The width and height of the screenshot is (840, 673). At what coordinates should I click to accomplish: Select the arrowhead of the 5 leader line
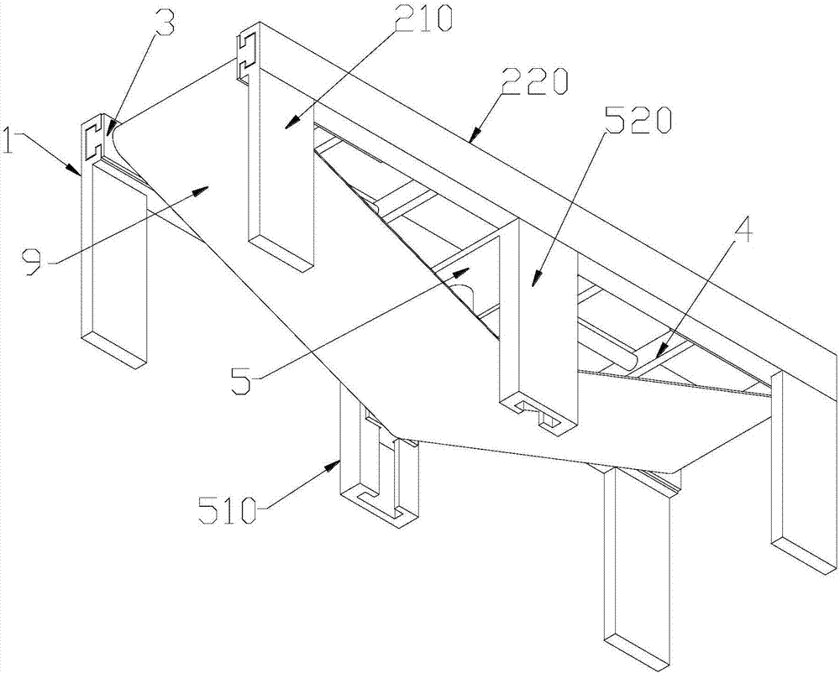(469, 269)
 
